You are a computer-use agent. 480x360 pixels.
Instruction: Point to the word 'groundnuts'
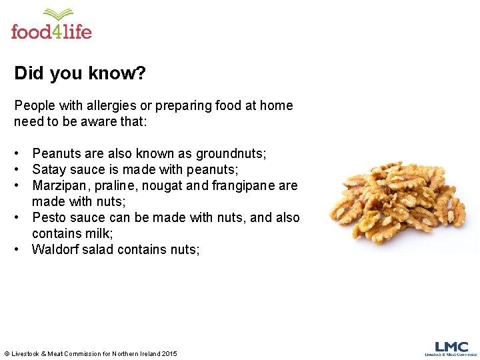230,154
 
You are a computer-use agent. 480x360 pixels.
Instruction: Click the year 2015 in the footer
169,353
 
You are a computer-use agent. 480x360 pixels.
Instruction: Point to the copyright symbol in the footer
7,353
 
